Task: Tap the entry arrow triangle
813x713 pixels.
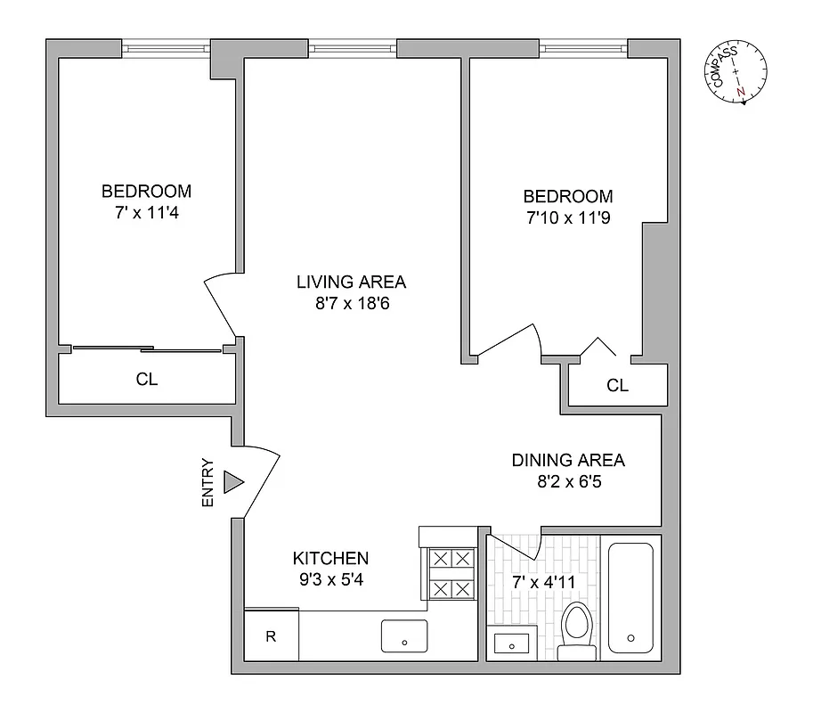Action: coord(233,482)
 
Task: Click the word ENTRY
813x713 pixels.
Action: coord(208,483)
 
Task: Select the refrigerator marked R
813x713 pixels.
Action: coord(271,636)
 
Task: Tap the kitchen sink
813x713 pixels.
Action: coord(404,636)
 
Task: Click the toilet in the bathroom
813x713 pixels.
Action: coord(578,631)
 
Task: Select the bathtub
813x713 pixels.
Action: coord(630,597)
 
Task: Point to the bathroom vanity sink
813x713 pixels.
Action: coord(512,642)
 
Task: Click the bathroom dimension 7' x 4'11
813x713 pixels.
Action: coord(542,582)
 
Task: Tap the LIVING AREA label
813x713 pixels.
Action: coord(351,282)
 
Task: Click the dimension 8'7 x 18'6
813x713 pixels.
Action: coord(351,304)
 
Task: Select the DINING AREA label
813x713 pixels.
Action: coord(567,460)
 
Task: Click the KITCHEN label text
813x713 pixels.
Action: coord(330,558)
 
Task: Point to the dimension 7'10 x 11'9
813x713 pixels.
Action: coord(567,218)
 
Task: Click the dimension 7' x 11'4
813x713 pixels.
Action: coord(146,213)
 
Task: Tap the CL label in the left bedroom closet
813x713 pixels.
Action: coord(147,379)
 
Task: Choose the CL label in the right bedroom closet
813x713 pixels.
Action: coord(617,386)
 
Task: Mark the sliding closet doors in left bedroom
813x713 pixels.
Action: coord(147,348)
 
